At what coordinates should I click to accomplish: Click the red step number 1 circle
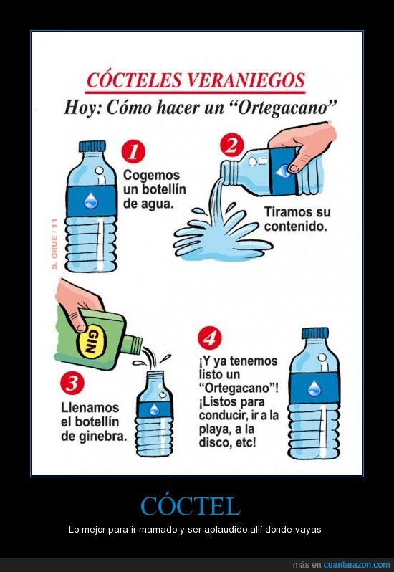[x=133, y=153]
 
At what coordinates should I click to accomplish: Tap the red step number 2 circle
[x=232, y=146]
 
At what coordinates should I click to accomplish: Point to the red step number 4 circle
[x=210, y=338]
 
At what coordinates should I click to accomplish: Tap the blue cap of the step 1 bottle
[x=92, y=146]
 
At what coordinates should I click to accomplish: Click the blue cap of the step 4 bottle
[x=315, y=333]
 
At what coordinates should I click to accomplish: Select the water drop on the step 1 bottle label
[x=90, y=201]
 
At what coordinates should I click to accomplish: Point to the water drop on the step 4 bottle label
[x=314, y=389]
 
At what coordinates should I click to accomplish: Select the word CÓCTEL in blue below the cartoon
[x=191, y=505]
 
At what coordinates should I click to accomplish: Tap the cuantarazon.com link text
[x=357, y=565]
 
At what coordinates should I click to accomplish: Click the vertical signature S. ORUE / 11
[x=54, y=243]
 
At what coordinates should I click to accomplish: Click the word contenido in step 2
[x=294, y=227]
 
